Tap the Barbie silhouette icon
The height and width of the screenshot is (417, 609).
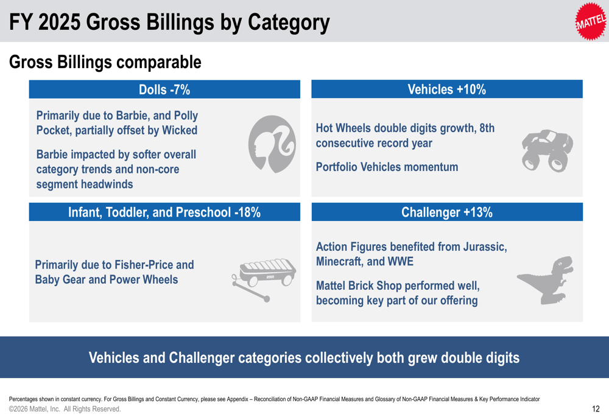(x=272, y=144)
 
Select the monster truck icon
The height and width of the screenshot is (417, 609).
(x=547, y=150)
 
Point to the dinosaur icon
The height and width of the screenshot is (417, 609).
(x=545, y=279)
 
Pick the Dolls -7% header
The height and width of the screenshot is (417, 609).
(x=164, y=89)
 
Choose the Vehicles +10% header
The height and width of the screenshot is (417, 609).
(x=446, y=89)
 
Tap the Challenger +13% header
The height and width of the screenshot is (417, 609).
(x=446, y=212)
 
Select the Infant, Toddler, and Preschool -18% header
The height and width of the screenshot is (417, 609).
(x=164, y=212)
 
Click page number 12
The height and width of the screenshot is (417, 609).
(x=596, y=409)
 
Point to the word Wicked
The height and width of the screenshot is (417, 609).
(x=178, y=130)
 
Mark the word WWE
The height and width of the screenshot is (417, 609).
(x=400, y=262)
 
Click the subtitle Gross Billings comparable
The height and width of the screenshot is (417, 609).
(x=105, y=62)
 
